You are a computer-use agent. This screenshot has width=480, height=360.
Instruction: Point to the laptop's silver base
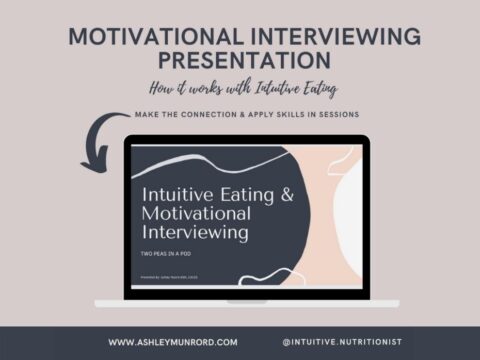[x=246, y=303]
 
